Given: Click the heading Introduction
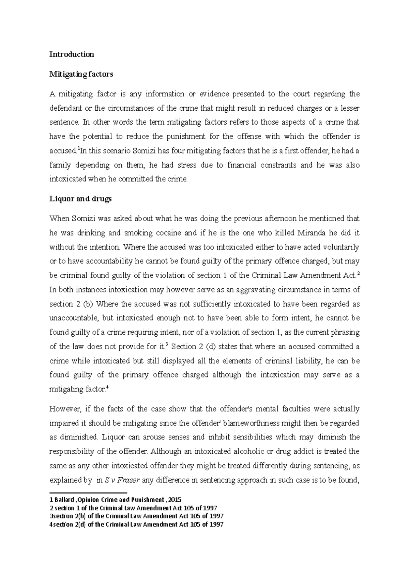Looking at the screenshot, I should pos(72,54).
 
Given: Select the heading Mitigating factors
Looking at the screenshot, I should pos(81,74).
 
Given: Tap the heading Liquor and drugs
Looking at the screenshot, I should pos(80,199).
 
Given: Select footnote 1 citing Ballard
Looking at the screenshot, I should pos(115,500).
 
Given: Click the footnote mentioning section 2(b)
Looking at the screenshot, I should pos(136,516).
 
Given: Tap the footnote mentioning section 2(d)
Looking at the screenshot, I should pos(136,524).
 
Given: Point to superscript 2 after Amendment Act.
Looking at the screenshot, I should pos(358,273).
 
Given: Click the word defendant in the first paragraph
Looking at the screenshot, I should pos(65,108).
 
